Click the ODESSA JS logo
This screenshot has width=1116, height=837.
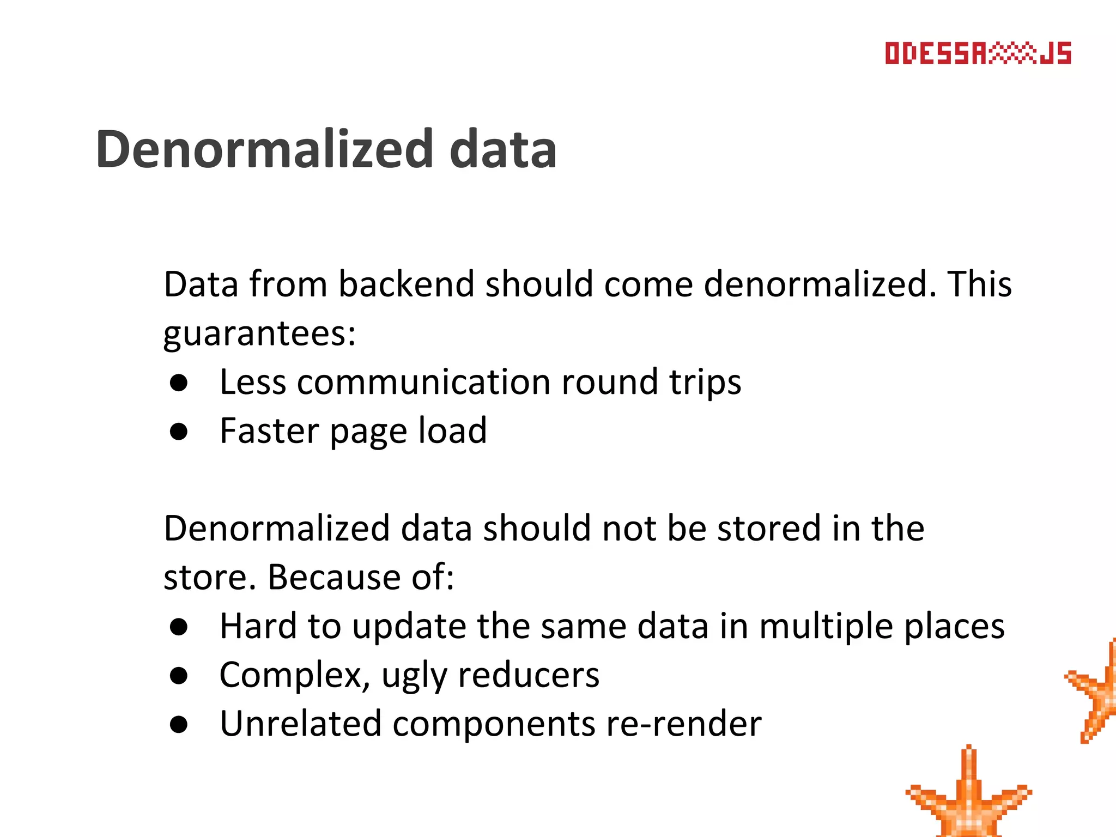[x=978, y=53]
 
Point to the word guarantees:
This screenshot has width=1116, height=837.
[x=259, y=333]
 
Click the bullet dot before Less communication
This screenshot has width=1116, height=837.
[x=179, y=383]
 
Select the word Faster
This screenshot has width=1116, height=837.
[x=269, y=430]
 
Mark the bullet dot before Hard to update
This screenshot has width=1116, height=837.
[x=179, y=627]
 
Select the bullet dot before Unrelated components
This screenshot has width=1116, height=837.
[x=179, y=725]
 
